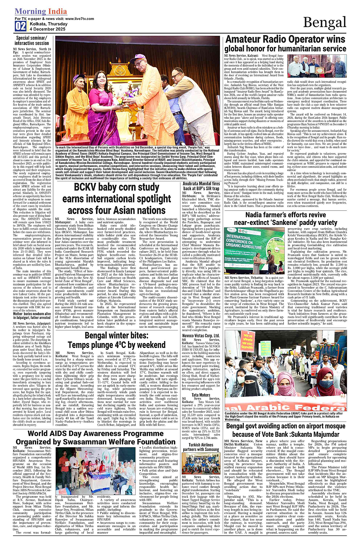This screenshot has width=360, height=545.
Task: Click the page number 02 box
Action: pos(21,26)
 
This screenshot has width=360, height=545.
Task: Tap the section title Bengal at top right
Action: pos(325,22)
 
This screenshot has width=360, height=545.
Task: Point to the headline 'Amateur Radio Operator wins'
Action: pos(285,39)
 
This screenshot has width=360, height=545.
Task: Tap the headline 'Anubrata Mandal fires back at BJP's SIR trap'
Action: pos(201,186)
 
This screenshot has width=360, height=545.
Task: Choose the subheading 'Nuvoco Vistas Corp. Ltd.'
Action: pos(201,335)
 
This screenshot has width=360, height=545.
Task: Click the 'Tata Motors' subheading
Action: pos(201,395)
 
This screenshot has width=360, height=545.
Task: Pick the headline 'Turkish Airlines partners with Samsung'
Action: pos(201,447)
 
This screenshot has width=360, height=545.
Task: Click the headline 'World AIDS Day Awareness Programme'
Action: pos(90,433)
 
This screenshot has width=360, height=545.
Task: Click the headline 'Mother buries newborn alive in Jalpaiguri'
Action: pos(32,315)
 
